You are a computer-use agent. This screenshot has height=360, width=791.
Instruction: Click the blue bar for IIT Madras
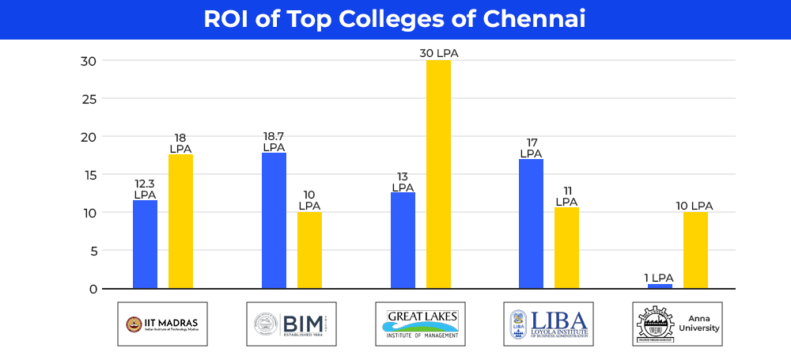145,244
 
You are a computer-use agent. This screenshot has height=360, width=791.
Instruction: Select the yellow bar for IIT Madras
180,222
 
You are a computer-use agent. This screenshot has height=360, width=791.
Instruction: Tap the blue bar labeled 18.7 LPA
274,221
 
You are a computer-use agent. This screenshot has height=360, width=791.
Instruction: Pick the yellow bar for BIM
309,250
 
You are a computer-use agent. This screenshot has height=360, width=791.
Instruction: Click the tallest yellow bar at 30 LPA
438,174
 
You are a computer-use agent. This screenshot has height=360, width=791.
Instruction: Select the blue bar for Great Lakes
403,241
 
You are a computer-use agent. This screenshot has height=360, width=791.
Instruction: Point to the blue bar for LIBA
531,224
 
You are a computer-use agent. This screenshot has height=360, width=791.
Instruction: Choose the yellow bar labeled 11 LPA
566,248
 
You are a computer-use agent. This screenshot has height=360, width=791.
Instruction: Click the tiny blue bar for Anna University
660,286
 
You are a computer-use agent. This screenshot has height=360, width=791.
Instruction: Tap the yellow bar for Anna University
695,250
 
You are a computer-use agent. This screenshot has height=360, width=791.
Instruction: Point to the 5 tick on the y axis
92,251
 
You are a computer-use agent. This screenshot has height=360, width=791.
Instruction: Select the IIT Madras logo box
162,324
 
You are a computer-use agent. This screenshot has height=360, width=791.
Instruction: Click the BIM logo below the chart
291,324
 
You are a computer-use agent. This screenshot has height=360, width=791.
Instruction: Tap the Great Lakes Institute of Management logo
420,324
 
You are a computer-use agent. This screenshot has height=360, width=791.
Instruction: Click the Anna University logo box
678,324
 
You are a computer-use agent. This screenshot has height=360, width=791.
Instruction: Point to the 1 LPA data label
659,277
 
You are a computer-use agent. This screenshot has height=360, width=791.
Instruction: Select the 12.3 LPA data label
145,188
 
